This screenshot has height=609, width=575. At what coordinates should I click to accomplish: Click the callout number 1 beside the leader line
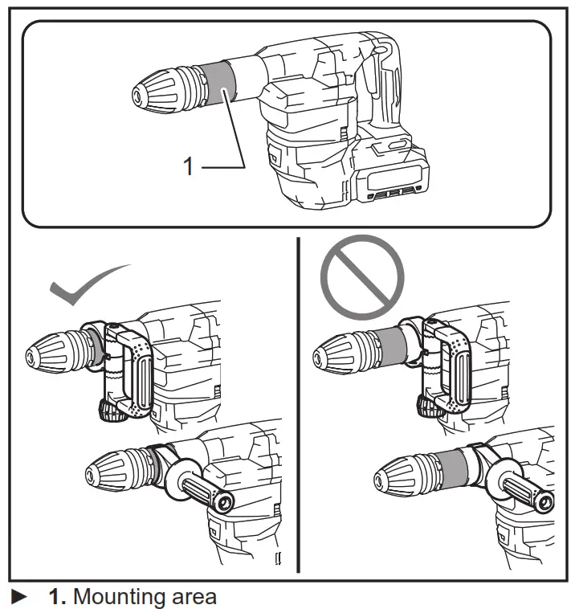pos(189,166)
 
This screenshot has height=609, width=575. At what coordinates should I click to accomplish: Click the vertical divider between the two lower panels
pos(298,402)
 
